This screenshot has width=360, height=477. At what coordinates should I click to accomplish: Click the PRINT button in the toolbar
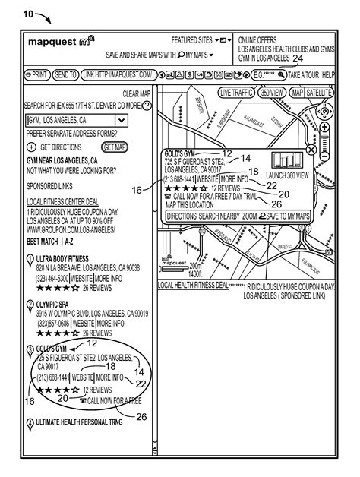tap(37, 75)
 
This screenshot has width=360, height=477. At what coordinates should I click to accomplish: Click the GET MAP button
tap(116, 147)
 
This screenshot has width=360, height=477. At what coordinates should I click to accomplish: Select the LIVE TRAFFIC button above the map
tap(235, 92)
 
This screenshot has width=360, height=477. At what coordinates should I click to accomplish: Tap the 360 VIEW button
tap(272, 92)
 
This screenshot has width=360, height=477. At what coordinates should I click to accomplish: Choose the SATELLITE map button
tap(320, 92)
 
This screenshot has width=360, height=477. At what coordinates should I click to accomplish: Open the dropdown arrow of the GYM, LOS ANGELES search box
tap(121, 120)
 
